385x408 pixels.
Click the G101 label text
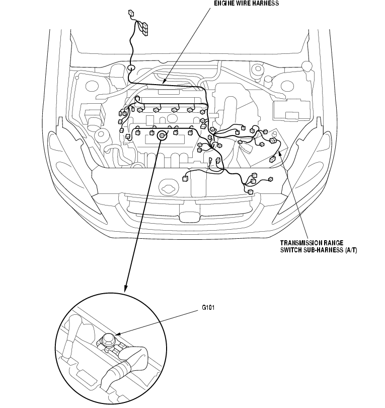coord(209,310)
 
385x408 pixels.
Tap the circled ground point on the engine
coord(162,135)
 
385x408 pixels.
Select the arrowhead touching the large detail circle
coord(126,289)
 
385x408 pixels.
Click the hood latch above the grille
coord(167,189)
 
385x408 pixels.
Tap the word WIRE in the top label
coord(244,3)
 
